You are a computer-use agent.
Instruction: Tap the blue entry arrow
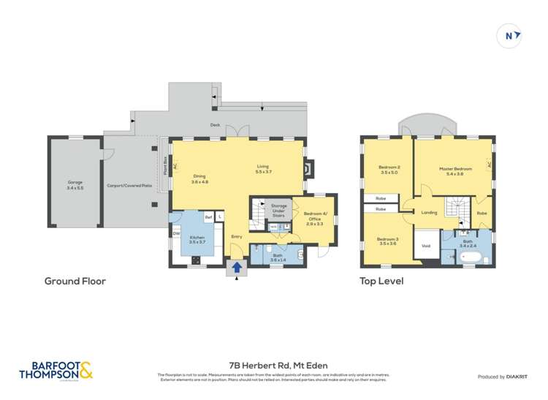237,268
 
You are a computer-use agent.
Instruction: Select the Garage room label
75,184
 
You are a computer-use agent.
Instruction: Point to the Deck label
215,125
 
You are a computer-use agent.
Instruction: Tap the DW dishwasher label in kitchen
176,233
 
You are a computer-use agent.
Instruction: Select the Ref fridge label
208,216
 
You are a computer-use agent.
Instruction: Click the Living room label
263,168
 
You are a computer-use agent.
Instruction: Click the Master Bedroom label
455,171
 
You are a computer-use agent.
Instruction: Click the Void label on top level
426,246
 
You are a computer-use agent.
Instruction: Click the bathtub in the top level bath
472,258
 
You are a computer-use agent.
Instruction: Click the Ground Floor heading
75,281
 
